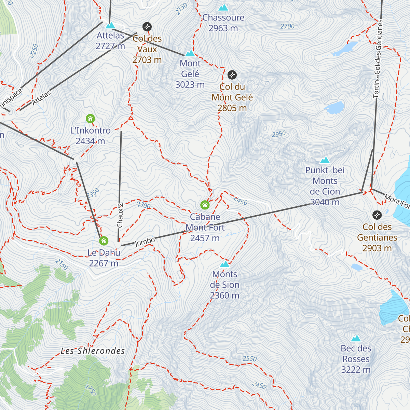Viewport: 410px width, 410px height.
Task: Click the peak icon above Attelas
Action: pyautogui.click(x=110, y=26)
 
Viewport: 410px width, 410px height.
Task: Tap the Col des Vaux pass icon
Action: pyautogui.click(x=147, y=27)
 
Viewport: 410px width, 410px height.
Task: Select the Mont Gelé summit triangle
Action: pyautogui.click(x=190, y=54)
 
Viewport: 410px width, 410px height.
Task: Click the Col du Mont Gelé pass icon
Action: pyautogui.click(x=232, y=74)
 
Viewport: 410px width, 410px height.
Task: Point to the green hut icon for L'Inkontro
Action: pyautogui.click(x=90, y=119)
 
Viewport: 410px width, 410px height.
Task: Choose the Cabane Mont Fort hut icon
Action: pyautogui.click(x=205, y=205)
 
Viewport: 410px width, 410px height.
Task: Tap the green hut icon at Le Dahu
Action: pyautogui.click(x=104, y=241)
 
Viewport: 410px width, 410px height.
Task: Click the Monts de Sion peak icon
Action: pyautogui.click(x=224, y=264)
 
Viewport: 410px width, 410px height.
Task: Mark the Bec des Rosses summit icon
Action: pyautogui.click(x=356, y=339)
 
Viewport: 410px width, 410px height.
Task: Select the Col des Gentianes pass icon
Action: pyautogui.click(x=377, y=215)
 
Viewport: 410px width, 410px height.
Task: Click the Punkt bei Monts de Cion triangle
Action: pyautogui.click(x=325, y=160)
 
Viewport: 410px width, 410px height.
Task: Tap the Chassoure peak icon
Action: pyautogui.click(x=223, y=8)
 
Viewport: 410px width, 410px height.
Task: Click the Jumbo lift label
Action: pyautogui.click(x=145, y=242)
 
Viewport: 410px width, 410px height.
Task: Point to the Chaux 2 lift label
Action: pyautogui.click(x=120, y=216)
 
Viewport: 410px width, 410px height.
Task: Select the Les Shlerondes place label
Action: pyautogui.click(x=93, y=351)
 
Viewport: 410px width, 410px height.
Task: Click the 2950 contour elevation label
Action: pyautogui.click(x=278, y=134)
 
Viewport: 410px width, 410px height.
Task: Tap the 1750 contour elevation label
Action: pyautogui.click(x=91, y=390)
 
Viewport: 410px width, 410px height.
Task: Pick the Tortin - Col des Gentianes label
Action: pyautogui.click(x=378, y=59)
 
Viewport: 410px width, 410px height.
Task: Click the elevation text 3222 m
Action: pyautogui.click(x=356, y=370)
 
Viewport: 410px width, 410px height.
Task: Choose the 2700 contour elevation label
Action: pyautogui.click(x=287, y=26)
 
